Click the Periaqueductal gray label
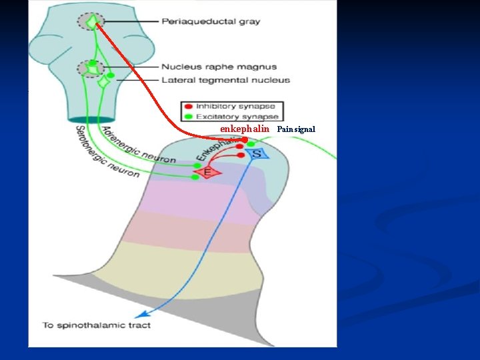211,21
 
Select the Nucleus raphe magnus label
219,67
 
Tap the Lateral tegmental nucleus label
226,80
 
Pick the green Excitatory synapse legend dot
189,117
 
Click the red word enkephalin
245,129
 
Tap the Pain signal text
296,129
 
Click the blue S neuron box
257,154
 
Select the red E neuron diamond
207,173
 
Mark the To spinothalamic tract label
97,325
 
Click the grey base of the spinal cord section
200,293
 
